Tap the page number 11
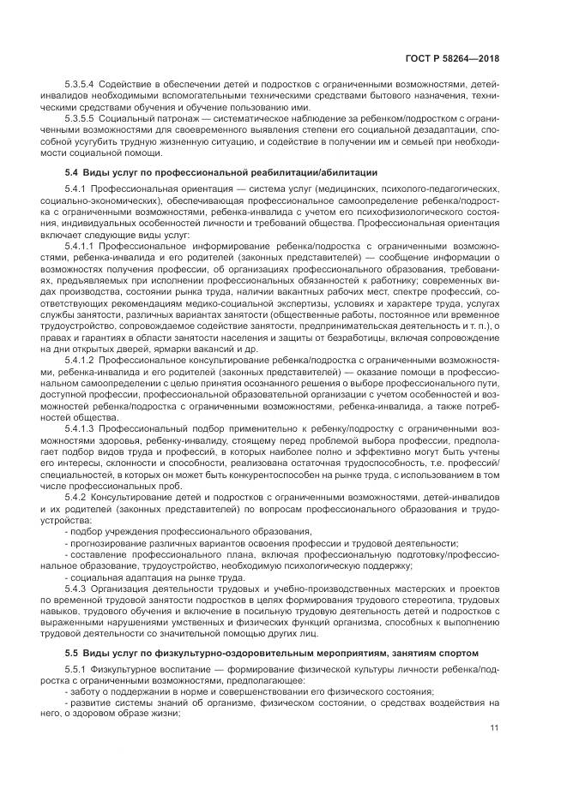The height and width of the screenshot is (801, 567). pyautogui.click(x=494, y=728)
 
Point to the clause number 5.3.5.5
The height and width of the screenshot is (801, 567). pyautogui.click(x=80, y=117)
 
